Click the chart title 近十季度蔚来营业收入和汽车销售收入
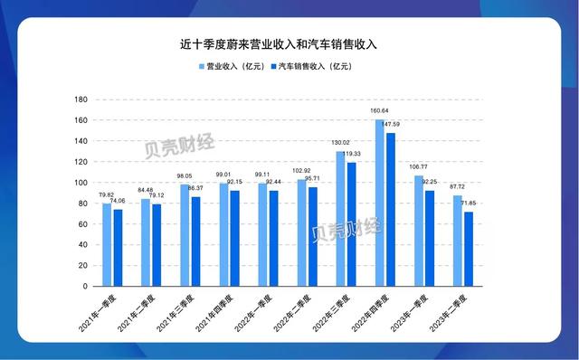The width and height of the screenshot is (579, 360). coord(290,43)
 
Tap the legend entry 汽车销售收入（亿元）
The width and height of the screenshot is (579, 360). coord(312,66)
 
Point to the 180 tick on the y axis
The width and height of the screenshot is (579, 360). coord(81,99)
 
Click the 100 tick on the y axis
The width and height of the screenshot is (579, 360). coord(81,183)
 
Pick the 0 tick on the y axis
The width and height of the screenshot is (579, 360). coord(84,287)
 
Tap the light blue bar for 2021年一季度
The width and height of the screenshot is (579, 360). coord(107,245)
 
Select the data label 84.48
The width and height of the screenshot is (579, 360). coord(144,190)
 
